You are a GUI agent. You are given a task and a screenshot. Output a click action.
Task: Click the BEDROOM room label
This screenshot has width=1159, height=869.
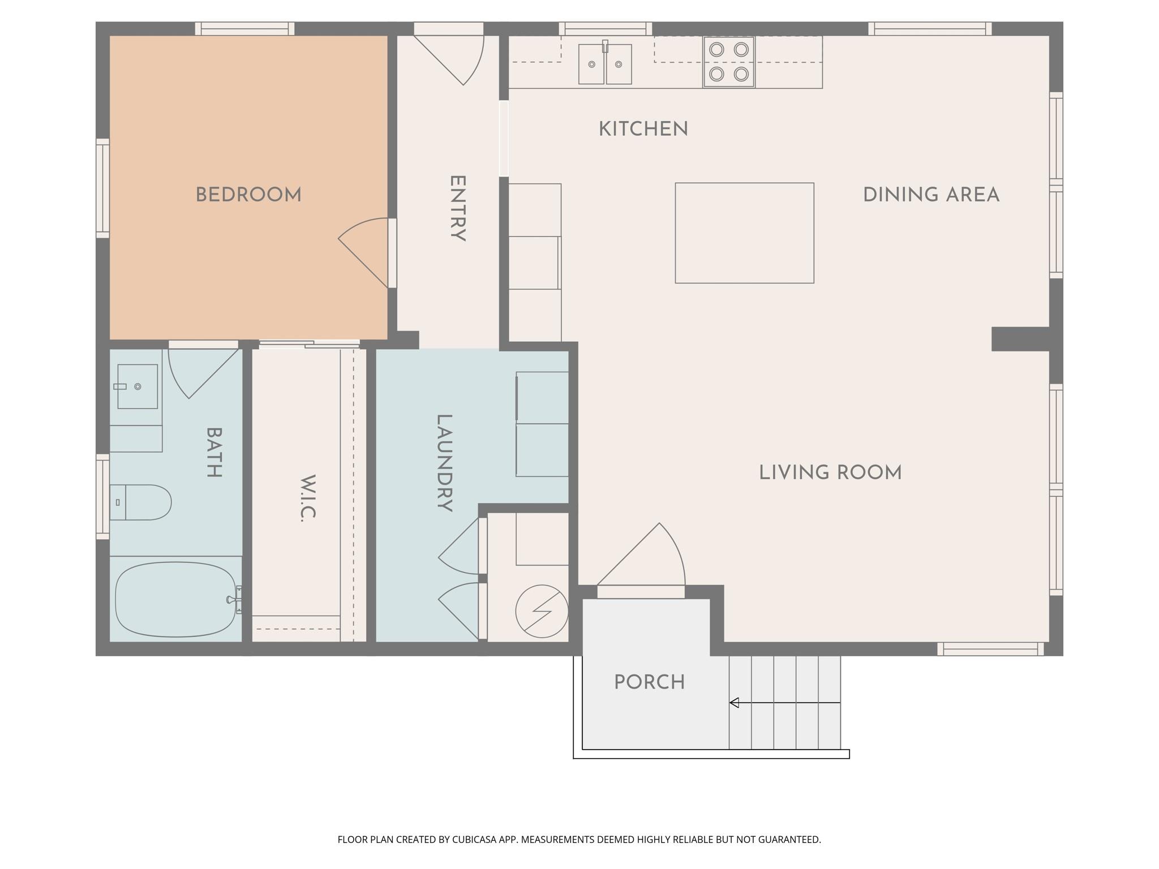248,195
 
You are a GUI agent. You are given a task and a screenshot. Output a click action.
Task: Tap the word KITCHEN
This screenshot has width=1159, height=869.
643,129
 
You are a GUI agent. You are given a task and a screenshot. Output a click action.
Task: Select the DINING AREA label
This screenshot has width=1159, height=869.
931,195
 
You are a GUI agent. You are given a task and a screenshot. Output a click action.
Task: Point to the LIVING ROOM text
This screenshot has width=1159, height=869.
830,472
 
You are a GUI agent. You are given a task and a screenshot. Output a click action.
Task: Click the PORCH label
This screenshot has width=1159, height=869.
650,682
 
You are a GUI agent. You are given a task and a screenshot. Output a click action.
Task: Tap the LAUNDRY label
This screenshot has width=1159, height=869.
444,463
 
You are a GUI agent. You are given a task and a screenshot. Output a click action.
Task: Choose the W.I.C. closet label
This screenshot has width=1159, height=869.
308,498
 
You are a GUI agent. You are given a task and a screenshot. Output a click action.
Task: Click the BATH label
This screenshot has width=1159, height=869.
213,452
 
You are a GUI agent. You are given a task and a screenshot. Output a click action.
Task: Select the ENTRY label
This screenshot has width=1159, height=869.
457,208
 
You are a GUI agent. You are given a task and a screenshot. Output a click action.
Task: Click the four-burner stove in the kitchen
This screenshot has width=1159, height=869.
729,62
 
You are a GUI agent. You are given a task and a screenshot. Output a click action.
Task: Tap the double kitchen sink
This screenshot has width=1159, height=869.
605,63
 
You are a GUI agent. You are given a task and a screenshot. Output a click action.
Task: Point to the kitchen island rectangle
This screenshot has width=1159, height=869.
745,233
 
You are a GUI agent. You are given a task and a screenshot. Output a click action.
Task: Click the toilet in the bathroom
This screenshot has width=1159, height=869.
140,502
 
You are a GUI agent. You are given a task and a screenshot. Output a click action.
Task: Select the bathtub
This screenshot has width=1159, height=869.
175,600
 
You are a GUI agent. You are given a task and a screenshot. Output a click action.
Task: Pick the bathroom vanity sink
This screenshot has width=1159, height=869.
138,386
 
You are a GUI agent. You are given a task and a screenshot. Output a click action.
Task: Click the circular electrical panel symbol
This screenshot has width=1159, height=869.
542,612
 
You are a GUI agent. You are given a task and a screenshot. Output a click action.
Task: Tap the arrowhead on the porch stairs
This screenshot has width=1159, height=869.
734,703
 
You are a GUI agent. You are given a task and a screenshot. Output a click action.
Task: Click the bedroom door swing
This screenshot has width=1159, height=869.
363,253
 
